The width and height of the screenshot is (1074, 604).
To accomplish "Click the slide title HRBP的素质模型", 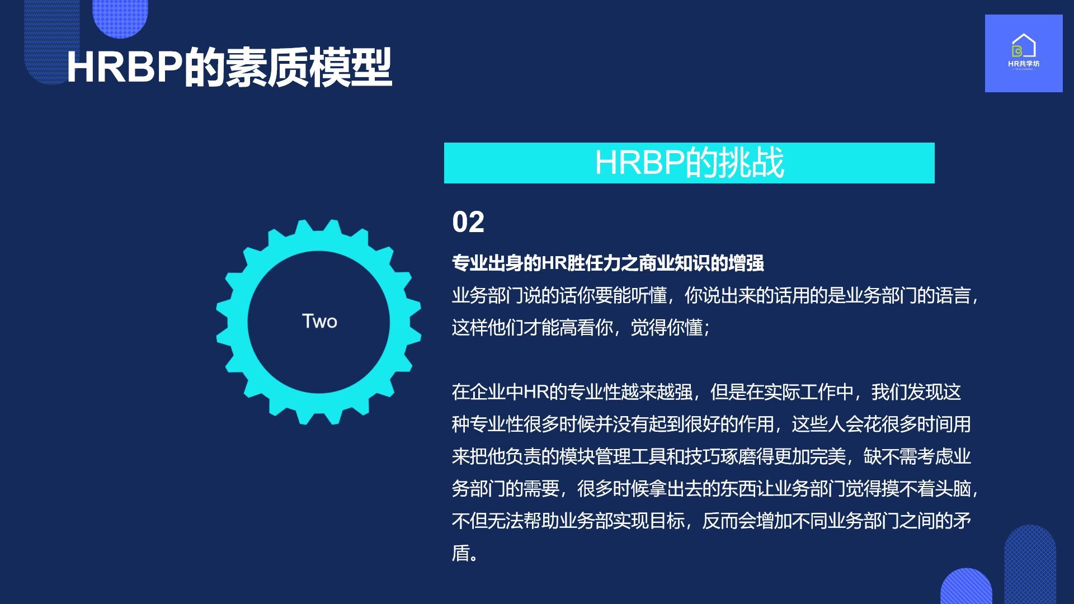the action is pyautogui.click(x=229, y=67).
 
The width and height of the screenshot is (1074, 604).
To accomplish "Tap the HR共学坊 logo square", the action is pyautogui.click(x=1024, y=53).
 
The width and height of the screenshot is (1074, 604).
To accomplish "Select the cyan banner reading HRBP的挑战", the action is pyautogui.click(x=689, y=163).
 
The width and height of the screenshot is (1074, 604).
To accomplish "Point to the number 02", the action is pyautogui.click(x=468, y=222).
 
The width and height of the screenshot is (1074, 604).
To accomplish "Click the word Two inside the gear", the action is pyautogui.click(x=319, y=322).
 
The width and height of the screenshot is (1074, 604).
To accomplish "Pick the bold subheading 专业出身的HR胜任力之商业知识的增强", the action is pyautogui.click(x=608, y=263).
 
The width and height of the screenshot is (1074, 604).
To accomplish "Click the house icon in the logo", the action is pyautogui.click(x=1024, y=45).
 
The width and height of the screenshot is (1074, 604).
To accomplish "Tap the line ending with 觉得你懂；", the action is pyautogui.click(x=581, y=328).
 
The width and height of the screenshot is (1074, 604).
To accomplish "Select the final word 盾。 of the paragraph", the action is pyautogui.click(x=465, y=553).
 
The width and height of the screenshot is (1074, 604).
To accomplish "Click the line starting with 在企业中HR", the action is pyautogui.click(x=706, y=392).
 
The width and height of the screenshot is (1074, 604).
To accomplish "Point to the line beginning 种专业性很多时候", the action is pyautogui.click(x=712, y=424).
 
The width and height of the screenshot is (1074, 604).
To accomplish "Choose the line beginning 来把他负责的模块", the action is pyautogui.click(x=712, y=457).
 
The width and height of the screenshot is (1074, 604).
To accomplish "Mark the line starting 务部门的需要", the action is pyautogui.click(x=715, y=489).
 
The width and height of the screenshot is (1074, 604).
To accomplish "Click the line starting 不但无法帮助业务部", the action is pyautogui.click(x=712, y=521).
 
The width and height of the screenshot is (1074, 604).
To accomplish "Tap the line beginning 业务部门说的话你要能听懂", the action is pyautogui.click(x=715, y=295).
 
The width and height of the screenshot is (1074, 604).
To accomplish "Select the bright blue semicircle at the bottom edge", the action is pyautogui.click(x=966, y=587).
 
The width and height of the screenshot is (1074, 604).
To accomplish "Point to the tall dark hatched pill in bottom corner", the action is pyautogui.click(x=1030, y=564).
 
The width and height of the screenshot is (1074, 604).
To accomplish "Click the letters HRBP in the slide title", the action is pyautogui.click(x=124, y=68).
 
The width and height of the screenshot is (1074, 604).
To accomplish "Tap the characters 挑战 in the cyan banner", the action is pyautogui.click(x=751, y=163).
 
